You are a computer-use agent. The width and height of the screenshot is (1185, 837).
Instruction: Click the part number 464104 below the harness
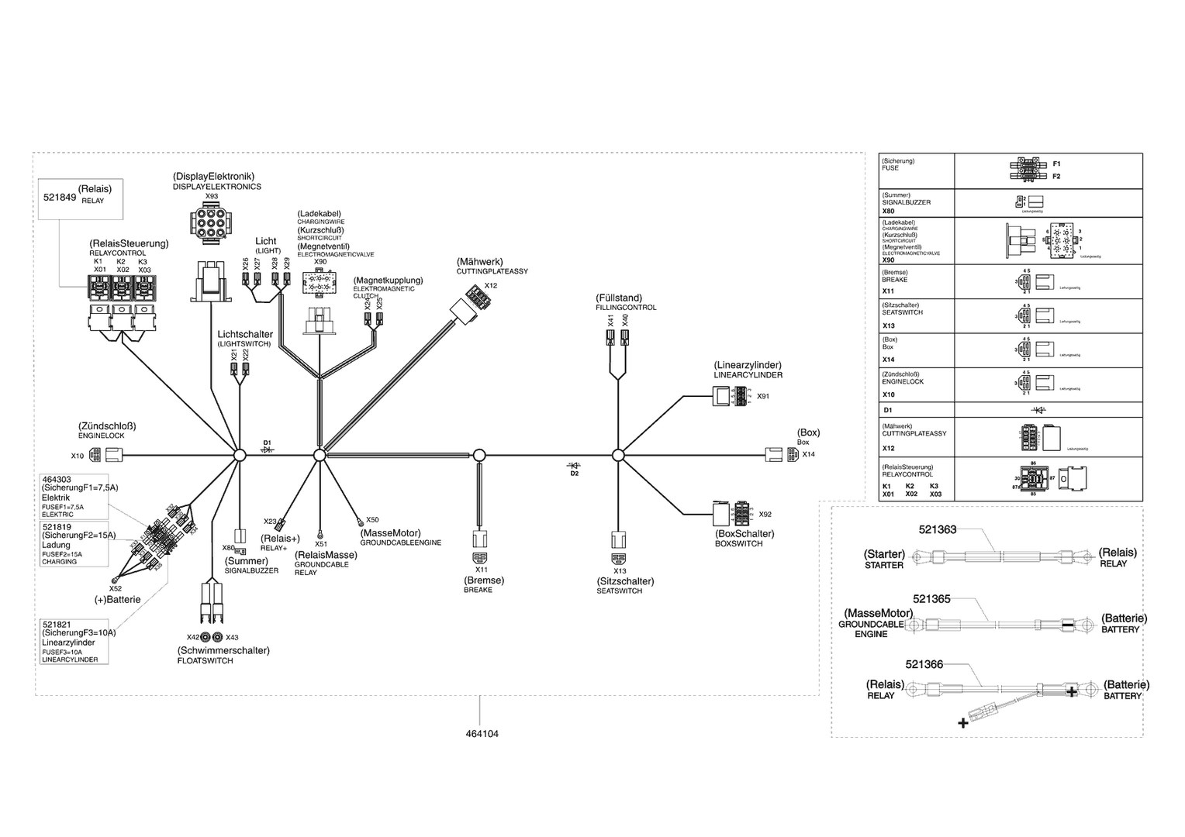pyautogui.click(x=482, y=733)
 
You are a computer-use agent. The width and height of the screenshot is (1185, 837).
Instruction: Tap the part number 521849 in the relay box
pyautogui.click(x=59, y=198)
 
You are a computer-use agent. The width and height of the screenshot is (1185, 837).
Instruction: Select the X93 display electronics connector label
pyautogui.click(x=211, y=197)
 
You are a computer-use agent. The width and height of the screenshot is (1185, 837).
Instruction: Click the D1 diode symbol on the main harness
pyautogui.click(x=268, y=449)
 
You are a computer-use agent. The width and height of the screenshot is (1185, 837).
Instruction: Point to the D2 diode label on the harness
pyautogui.click(x=575, y=474)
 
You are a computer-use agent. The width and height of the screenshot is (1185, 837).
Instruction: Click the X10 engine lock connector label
pyautogui.click(x=78, y=456)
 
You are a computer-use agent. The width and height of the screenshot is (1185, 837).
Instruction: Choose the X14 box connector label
pyautogui.click(x=809, y=454)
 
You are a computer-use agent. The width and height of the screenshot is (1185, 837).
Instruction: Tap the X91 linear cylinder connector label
pyautogui.click(x=763, y=396)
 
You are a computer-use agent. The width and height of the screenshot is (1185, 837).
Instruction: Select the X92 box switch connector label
pyautogui.click(x=765, y=514)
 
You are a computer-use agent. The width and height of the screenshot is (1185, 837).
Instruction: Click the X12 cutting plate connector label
pyautogui.click(x=491, y=286)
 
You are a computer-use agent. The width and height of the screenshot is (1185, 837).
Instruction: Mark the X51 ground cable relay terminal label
pyautogui.click(x=320, y=544)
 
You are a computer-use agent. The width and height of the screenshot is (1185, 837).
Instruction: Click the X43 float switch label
pyautogui.click(x=232, y=637)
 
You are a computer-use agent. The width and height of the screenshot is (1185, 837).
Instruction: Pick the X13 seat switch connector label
pyautogui.click(x=620, y=571)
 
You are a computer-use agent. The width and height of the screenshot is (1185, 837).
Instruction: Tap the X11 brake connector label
pyautogui.click(x=481, y=570)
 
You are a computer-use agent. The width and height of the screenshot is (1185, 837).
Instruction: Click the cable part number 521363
pyautogui.click(x=938, y=530)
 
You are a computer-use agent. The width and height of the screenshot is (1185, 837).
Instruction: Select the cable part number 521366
pyautogui.click(x=924, y=664)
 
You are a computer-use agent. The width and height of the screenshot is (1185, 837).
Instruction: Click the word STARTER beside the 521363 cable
pyautogui.click(x=884, y=566)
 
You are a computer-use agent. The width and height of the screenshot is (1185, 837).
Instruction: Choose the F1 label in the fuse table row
pyautogui.click(x=1056, y=164)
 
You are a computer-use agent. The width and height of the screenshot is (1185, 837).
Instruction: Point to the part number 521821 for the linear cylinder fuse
pyautogui.click(x=57, y=623)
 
